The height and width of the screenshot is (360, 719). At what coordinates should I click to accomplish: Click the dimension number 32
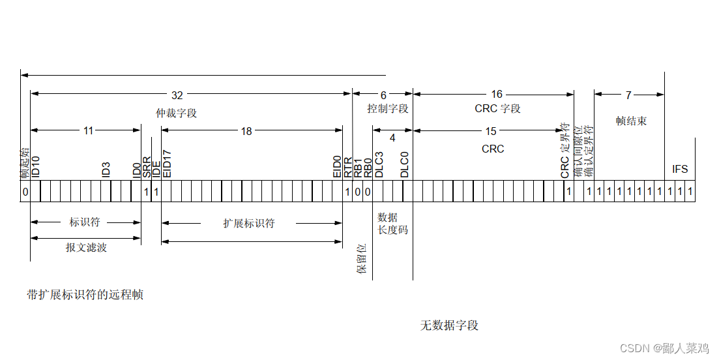[x=177, y=95]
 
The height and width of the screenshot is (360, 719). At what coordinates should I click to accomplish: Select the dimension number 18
[x=246, y=131]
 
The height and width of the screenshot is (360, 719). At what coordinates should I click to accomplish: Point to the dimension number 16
[x=497, y=95]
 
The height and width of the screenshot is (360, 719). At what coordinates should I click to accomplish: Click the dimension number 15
[x=491, y=131]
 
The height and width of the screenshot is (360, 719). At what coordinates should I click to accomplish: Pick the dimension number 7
[x=628, y=95]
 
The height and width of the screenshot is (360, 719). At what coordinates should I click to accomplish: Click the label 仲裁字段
[x=176, y=113]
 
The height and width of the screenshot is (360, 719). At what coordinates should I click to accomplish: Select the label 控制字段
[x=388, y=108]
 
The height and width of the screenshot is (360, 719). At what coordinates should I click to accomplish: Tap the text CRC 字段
[x=497, y=108]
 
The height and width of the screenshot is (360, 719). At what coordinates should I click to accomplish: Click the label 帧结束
[x=631, y=121]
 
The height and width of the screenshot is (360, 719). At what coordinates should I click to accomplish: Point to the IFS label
[x=680, y=170]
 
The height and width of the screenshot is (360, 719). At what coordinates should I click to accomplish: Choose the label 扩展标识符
[x=249, y=223]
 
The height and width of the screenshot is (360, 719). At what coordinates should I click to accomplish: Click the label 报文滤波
[x=86, y=248]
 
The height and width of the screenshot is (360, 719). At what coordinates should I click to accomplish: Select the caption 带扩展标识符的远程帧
[x=85, y=295]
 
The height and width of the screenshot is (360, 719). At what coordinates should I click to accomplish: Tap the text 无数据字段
[x=449, y=325]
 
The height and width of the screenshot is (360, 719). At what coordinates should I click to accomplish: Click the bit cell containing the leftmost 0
[x=25, y=192]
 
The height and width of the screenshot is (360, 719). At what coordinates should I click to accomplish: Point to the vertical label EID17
[x=167, y=163]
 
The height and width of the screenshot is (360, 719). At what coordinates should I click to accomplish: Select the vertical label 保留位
[x=362, y=258]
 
